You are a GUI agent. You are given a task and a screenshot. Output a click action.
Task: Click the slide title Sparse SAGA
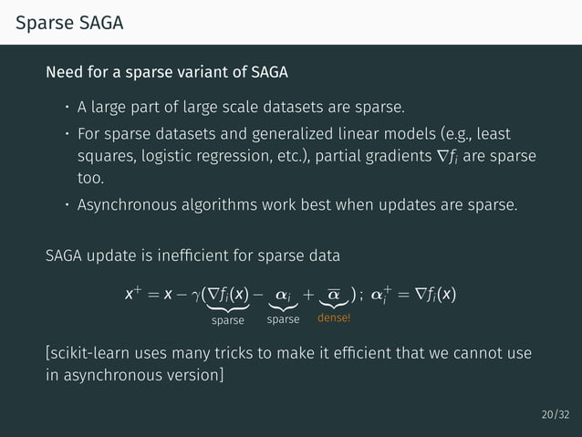point(68,25)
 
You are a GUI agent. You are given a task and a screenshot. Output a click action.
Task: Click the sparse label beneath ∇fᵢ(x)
point(227,320)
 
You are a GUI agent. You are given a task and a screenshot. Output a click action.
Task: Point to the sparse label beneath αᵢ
point(284,320)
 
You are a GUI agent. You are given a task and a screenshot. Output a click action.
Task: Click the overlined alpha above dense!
point(334,295)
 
